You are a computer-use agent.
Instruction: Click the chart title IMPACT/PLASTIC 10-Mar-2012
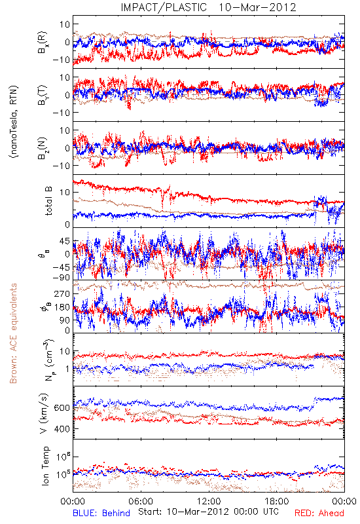(x=208, y=7)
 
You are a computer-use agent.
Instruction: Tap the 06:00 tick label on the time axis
(x=141, y=501)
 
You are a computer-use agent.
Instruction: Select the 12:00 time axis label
(x=209, y=501)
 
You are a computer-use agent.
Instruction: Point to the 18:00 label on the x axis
(x=277, y=501)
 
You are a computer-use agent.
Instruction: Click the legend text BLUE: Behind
(x=101, y=513)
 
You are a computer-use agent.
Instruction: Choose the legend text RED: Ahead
(x=319, y=513)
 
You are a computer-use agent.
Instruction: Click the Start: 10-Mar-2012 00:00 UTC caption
(x=208, y=512)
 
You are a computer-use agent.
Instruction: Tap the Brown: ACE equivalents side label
(x=13, y=333)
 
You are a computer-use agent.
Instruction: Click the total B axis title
(x=48, y=201)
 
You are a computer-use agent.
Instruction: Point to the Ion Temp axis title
(x=45, y=466)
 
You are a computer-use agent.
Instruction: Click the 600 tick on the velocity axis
(x=62, y=407)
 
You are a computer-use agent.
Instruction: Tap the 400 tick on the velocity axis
(x=62, y=429)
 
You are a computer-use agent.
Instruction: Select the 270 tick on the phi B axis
(x=62, y=293)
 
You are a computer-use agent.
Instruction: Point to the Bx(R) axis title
(x=43, y=42)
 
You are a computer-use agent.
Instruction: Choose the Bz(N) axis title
(x=43, y=148)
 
